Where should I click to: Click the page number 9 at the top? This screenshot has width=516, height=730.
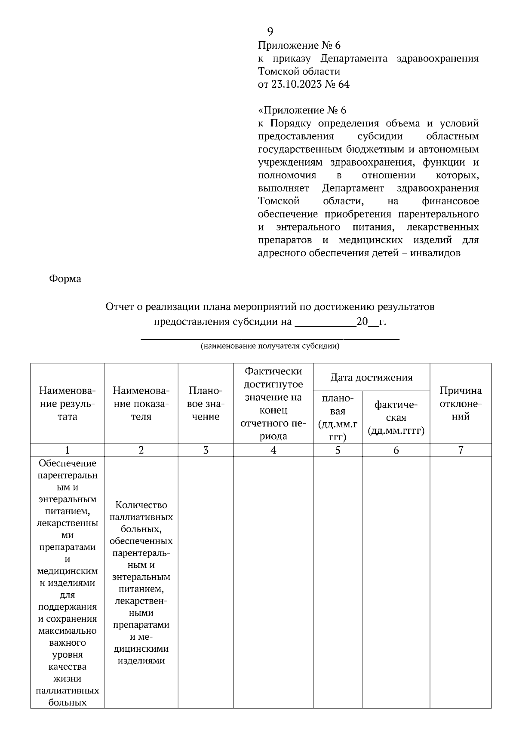270,31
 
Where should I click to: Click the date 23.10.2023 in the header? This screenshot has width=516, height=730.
296,84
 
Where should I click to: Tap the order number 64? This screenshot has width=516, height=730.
344,84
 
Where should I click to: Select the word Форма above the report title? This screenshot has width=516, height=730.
65,279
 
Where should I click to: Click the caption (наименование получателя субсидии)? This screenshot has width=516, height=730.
270,346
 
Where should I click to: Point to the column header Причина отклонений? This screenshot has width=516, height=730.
461,404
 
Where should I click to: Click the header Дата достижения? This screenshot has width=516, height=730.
371,377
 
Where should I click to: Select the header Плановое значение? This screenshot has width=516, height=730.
206,404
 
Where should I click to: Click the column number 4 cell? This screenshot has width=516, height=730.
273,450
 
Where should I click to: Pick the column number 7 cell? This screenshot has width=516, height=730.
461,450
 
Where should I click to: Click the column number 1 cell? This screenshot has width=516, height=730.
67,450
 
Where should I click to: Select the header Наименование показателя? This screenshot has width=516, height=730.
141,404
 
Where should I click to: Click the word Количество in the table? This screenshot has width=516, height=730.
141,505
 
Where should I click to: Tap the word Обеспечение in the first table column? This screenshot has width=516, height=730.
68,463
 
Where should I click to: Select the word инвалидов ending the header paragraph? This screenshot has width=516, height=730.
435,253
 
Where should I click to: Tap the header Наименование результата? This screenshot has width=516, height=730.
67,404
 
